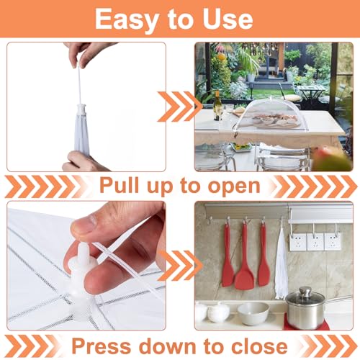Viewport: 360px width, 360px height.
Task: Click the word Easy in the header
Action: tap(127, 19)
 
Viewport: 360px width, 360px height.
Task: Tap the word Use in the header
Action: tap(228, 19)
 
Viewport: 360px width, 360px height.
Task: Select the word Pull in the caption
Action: tap(120, 185)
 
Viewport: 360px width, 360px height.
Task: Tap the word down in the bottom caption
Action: tap(168, 346)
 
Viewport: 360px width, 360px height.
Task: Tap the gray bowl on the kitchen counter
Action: tap(253, 313)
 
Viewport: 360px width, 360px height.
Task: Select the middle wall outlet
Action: tap(315, 242)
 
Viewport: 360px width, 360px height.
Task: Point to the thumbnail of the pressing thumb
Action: tap(84, 225)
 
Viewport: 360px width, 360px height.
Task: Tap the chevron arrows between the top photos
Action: tap(180, 107)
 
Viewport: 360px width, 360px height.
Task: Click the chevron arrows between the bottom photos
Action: tap(180, 266)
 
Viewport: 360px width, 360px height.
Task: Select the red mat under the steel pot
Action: tap(307, 323)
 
